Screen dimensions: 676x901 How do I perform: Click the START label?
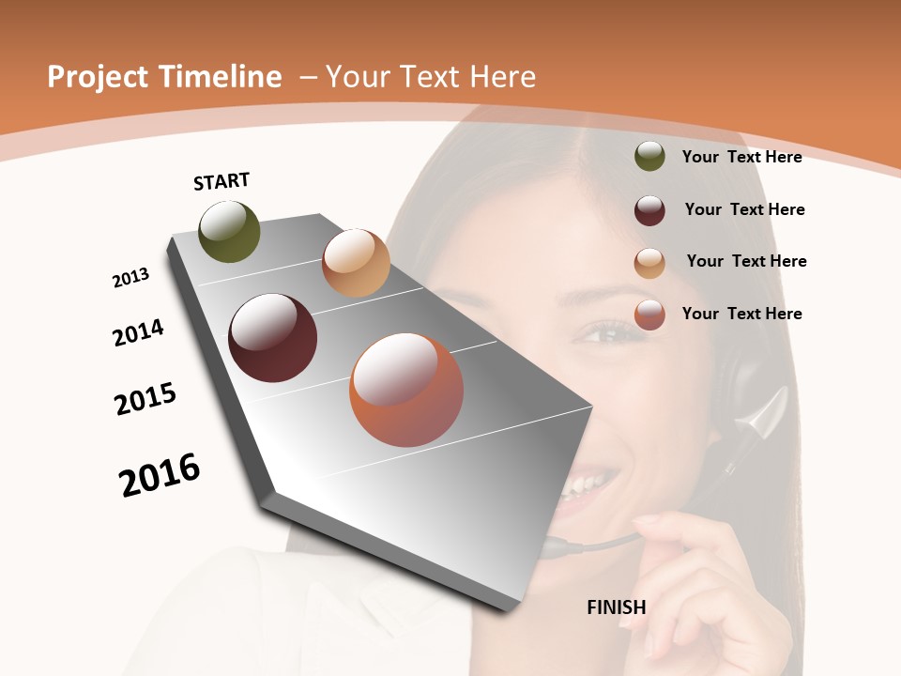point(221,181)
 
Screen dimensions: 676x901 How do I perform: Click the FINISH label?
point(617,607)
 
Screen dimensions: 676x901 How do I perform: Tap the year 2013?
point(130,278)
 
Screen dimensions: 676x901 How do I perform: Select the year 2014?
point(138,333)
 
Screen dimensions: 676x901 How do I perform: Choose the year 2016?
point(160,475)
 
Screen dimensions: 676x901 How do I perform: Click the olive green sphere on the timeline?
point(229,232)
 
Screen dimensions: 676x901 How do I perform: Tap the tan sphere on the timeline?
point(356,263)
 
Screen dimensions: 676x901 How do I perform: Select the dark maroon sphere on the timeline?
point(273,338)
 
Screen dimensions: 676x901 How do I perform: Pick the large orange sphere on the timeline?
point(406,390)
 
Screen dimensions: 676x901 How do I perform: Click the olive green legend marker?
point(649,157)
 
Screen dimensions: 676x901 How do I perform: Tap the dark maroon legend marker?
point(649,210)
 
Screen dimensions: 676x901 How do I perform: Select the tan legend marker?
point(649,263)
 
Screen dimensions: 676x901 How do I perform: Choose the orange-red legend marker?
point(649,315)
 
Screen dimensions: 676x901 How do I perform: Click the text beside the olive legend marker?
point(741,157)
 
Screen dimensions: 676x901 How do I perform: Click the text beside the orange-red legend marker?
point(741,314)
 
